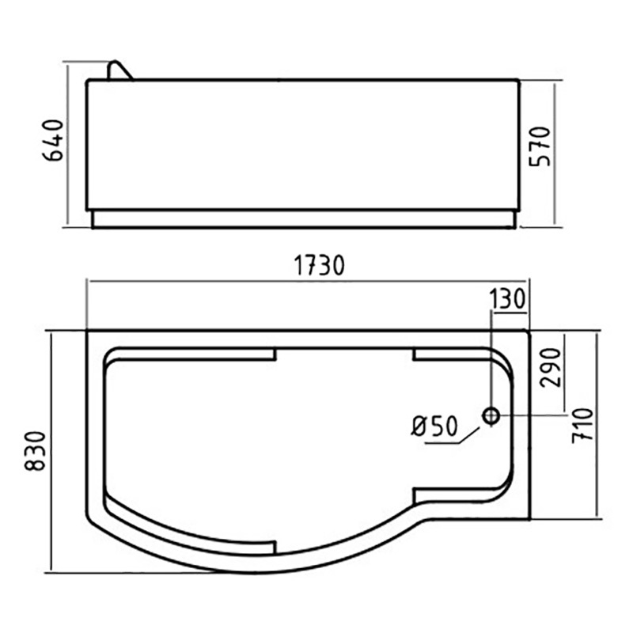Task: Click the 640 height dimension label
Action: tap(53, 140)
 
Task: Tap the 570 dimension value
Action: tap(540, 146)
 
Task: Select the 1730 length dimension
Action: tap(319, 265)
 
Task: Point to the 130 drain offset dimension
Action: tap(507, 299)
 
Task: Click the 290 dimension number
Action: tap(551, 368)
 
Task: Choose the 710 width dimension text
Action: tap(583, 426)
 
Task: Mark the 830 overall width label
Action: tap(35, 451)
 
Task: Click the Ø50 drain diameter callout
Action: tap(434, 426)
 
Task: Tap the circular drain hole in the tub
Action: tap(491, 415)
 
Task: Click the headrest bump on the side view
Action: tap(119, 70)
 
